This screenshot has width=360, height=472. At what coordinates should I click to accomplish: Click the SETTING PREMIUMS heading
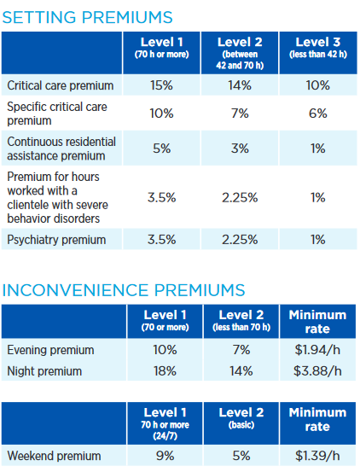87,17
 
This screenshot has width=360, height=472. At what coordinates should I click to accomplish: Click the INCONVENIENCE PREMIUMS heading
124,290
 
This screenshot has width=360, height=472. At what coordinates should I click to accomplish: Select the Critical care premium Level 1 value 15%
161,85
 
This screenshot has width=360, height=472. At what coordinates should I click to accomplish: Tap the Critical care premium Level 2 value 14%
240,85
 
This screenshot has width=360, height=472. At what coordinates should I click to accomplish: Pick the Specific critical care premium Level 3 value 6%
318,114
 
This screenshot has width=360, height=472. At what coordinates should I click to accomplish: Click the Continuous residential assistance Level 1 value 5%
161,149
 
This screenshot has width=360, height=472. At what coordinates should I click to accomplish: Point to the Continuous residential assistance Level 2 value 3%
240,149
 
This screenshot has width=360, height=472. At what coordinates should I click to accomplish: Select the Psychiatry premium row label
56,240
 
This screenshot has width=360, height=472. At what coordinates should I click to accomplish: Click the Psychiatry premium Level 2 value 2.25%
240,240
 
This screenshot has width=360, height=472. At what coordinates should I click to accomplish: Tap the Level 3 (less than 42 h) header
318,48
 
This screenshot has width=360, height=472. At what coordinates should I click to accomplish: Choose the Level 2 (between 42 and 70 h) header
240,53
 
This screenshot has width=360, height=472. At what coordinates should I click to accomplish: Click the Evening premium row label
50,350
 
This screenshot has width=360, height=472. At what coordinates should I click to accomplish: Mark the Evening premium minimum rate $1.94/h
317,350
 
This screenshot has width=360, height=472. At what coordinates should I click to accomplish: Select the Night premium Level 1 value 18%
165,371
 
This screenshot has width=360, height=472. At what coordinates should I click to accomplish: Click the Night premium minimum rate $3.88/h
317,371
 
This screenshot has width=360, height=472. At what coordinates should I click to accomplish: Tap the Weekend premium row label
54,456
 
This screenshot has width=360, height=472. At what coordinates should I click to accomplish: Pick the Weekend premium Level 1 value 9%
165,456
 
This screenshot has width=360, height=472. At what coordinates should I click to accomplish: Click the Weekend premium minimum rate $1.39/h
317,456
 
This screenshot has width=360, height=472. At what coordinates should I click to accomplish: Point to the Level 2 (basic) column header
241,418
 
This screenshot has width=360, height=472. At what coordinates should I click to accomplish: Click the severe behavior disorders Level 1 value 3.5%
161,198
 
